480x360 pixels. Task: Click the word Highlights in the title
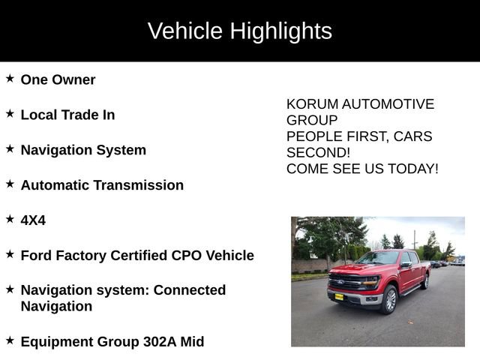click(x=280, y=31)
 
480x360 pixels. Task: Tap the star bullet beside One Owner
click(x=10, y=78)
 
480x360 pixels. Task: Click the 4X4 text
click(x=33, y=220)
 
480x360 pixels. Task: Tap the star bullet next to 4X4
click(x=10, y=218)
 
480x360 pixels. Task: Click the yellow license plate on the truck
click(x=339, y=295)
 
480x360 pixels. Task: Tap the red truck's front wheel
click(x=388, y=299)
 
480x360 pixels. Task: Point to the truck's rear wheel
click(x=425, y=280)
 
